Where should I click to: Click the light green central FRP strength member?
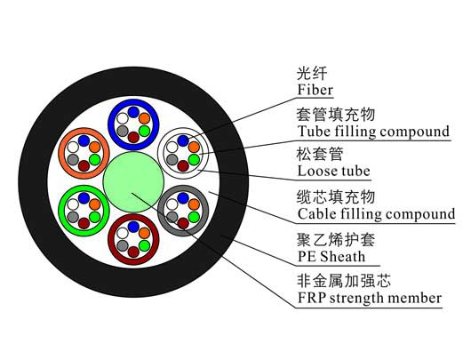(x=133, y=182)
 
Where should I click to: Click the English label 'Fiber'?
(x=315, y=90)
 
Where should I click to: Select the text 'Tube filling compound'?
(x=373, y=132)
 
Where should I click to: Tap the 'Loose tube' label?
(x=333, y=171)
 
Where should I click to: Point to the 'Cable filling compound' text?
(x=376, y=213)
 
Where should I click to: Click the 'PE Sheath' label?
(x=331, y=256)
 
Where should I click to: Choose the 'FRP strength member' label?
(x=370, y=298)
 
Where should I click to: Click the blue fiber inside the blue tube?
(x=133, y=112)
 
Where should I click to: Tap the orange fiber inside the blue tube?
(x=145, y=118)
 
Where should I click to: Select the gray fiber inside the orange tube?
(x=73, y=160)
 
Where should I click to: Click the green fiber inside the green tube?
(x=94, y=217)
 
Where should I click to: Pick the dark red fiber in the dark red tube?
(x=133, y=252)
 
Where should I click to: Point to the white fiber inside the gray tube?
(x=172, y=204)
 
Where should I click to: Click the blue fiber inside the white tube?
(x=183, y=140)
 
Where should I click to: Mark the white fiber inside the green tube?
(x=73, y=204)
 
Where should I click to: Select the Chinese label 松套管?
(x=320, y=154)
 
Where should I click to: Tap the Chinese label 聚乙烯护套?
(x=336, y=239)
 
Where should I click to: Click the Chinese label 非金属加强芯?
(x=343, y=281)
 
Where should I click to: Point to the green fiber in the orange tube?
(x=94, y=159)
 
